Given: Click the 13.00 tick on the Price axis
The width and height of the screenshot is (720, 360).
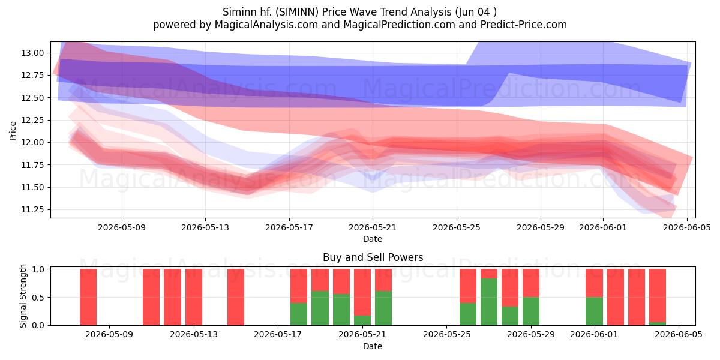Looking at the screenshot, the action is click(x=32, y=53).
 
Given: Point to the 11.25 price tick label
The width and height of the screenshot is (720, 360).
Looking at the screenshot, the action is click(x=32, y=210).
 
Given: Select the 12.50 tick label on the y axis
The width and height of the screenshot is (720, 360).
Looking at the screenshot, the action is click(x=32, y=98).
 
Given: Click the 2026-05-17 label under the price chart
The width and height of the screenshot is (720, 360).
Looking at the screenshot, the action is click(x=289, y=227).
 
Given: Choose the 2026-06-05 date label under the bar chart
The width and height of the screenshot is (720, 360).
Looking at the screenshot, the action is click(x=679, y=335).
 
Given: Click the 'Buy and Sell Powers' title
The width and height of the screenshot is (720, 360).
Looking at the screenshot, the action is click(x=373, y=257).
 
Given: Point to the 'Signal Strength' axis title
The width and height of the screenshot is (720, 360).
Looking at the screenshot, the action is click(x=23, y=296).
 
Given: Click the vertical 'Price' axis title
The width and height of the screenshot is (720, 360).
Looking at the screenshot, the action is click(x=13, y=131).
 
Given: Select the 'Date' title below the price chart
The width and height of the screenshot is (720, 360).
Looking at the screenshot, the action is click(x=373, y=239).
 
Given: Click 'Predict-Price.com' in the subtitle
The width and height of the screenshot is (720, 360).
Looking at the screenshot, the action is click(x=524, y=25).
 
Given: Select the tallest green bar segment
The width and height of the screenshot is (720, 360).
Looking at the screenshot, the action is click(x=489, y=302).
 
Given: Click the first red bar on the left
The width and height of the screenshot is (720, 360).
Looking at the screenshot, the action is click(x=88, y=297).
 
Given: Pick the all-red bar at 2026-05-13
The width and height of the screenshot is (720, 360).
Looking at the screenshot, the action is click(x=194, y=297).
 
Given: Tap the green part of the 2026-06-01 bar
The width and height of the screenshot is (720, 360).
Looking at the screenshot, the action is click(x=594, y=311).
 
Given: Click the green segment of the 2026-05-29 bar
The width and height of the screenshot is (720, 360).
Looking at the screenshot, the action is click(x=531, y=311).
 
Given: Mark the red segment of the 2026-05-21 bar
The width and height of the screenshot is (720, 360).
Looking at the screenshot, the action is click(x=362, y=292).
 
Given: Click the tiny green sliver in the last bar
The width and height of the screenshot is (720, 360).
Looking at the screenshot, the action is click(x=658, y=323).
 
